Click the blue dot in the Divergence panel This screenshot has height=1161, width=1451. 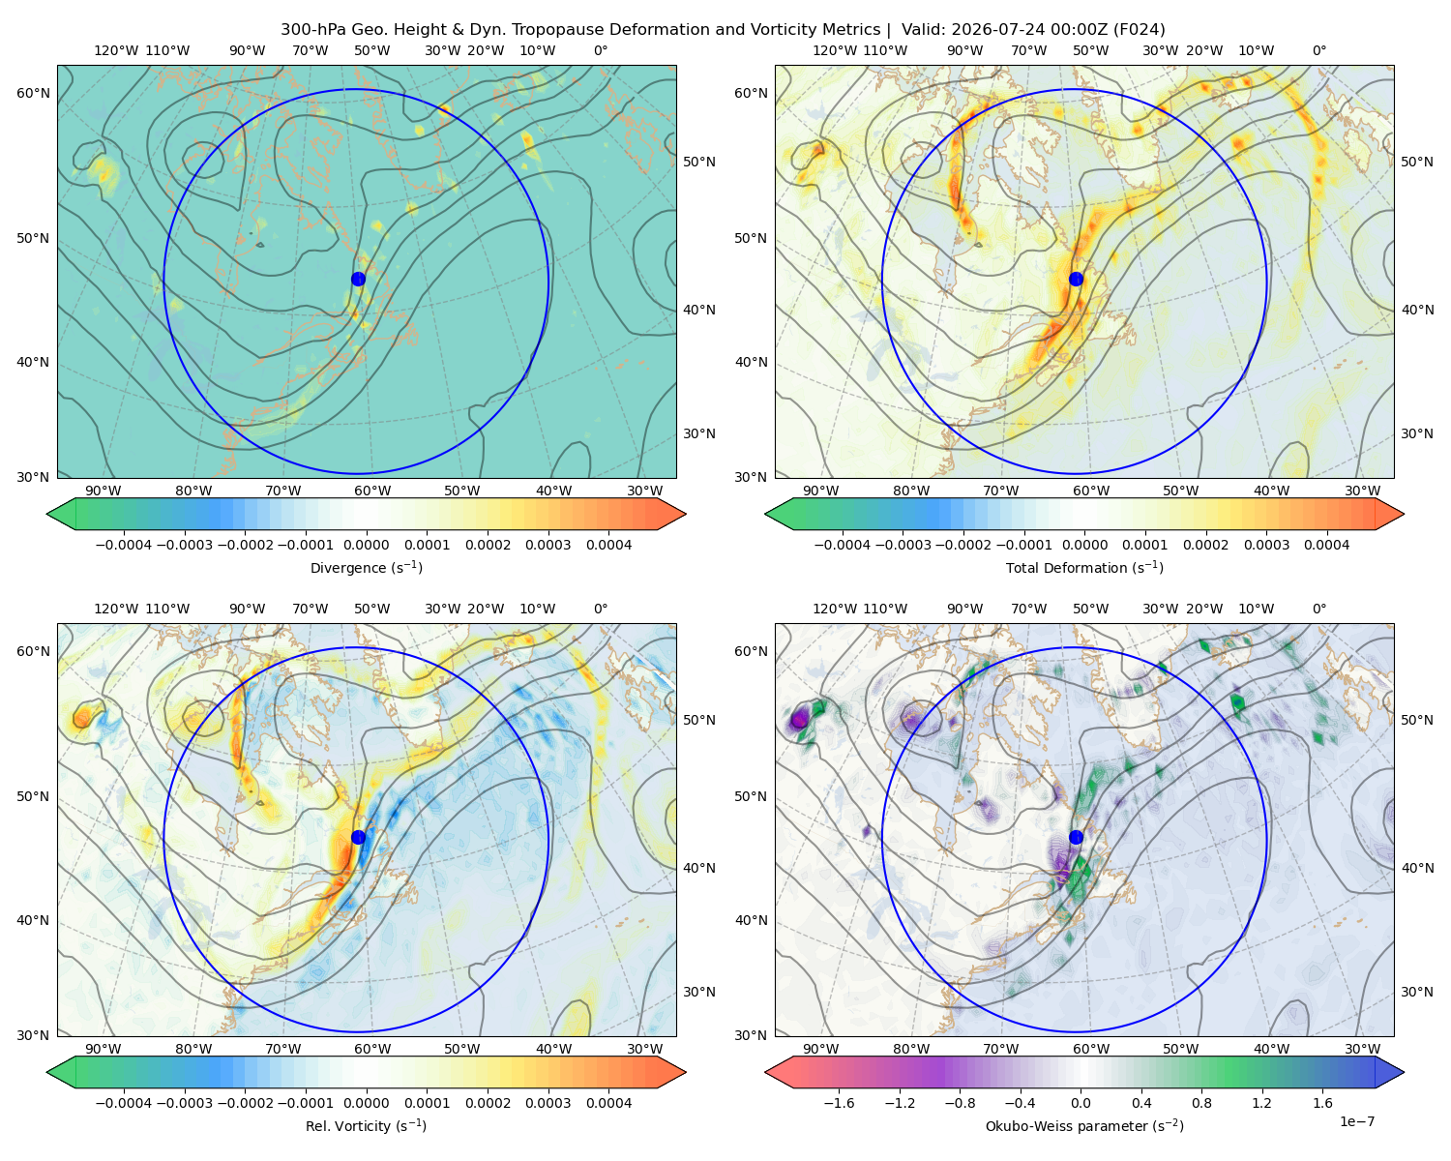[x=358, y=279]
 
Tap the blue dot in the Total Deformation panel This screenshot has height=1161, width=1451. [x=1076, y=279]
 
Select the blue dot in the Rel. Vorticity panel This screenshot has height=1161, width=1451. [x=358, y=837]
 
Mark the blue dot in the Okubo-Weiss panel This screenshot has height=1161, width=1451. [x=1076, y=837]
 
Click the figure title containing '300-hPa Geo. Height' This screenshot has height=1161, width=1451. [x=723, y=30]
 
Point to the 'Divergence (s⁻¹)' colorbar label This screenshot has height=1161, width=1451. [x=366, y=567]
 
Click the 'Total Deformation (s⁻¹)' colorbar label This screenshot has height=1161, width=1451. [x=1084, y=567]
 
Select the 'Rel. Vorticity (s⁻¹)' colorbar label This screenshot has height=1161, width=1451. [x=366, y=1125]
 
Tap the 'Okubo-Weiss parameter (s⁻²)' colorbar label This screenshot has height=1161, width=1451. [x=1084, y=1125]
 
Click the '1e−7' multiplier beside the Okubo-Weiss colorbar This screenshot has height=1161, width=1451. [x=1356, y=1121]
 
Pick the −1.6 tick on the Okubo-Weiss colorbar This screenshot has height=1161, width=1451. [x=840, y=1103]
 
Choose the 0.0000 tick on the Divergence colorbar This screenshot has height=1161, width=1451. [x=366, y=545]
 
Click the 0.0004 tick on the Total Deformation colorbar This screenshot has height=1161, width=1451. [x=1326, y=545]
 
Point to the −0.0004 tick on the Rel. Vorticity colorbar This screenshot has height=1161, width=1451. [x=124, y=1103]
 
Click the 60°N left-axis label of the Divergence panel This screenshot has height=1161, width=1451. [x=33, y=93]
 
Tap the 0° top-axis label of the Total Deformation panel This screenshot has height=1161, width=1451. [x=1318, y=50]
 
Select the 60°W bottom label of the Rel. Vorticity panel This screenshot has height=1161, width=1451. [x=372, y=1049]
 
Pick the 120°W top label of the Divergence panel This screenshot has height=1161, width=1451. [x=116, y=50]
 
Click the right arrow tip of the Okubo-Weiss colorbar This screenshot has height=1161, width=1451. [x=1404, y=1072]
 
